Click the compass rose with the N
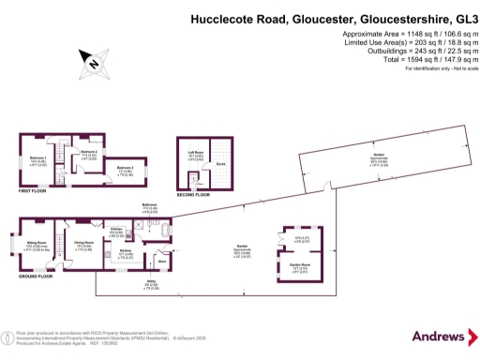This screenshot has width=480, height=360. coord(93,63)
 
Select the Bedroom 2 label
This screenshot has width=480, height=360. coord(88,152)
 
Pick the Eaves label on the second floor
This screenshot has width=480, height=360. coord(220,162)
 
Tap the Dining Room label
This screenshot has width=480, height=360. coord(83,246)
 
